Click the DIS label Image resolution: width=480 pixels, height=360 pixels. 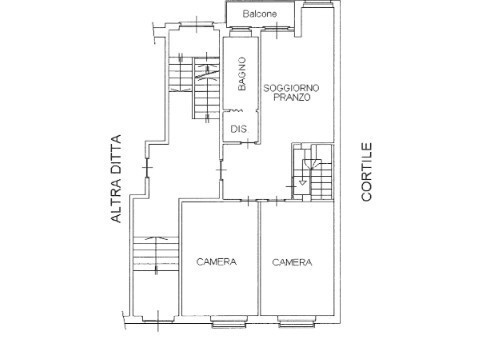click(x=238, y=128)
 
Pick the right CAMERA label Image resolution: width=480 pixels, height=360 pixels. click(x=291, y=262)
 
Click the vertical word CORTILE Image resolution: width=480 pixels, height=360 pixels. click(x=367, y=172)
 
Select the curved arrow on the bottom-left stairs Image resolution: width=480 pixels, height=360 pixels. click(x=156, y=239)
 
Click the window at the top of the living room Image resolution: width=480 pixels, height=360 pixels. click(x=317, y=7)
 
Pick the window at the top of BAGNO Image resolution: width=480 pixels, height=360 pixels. click(x=240, y=32)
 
